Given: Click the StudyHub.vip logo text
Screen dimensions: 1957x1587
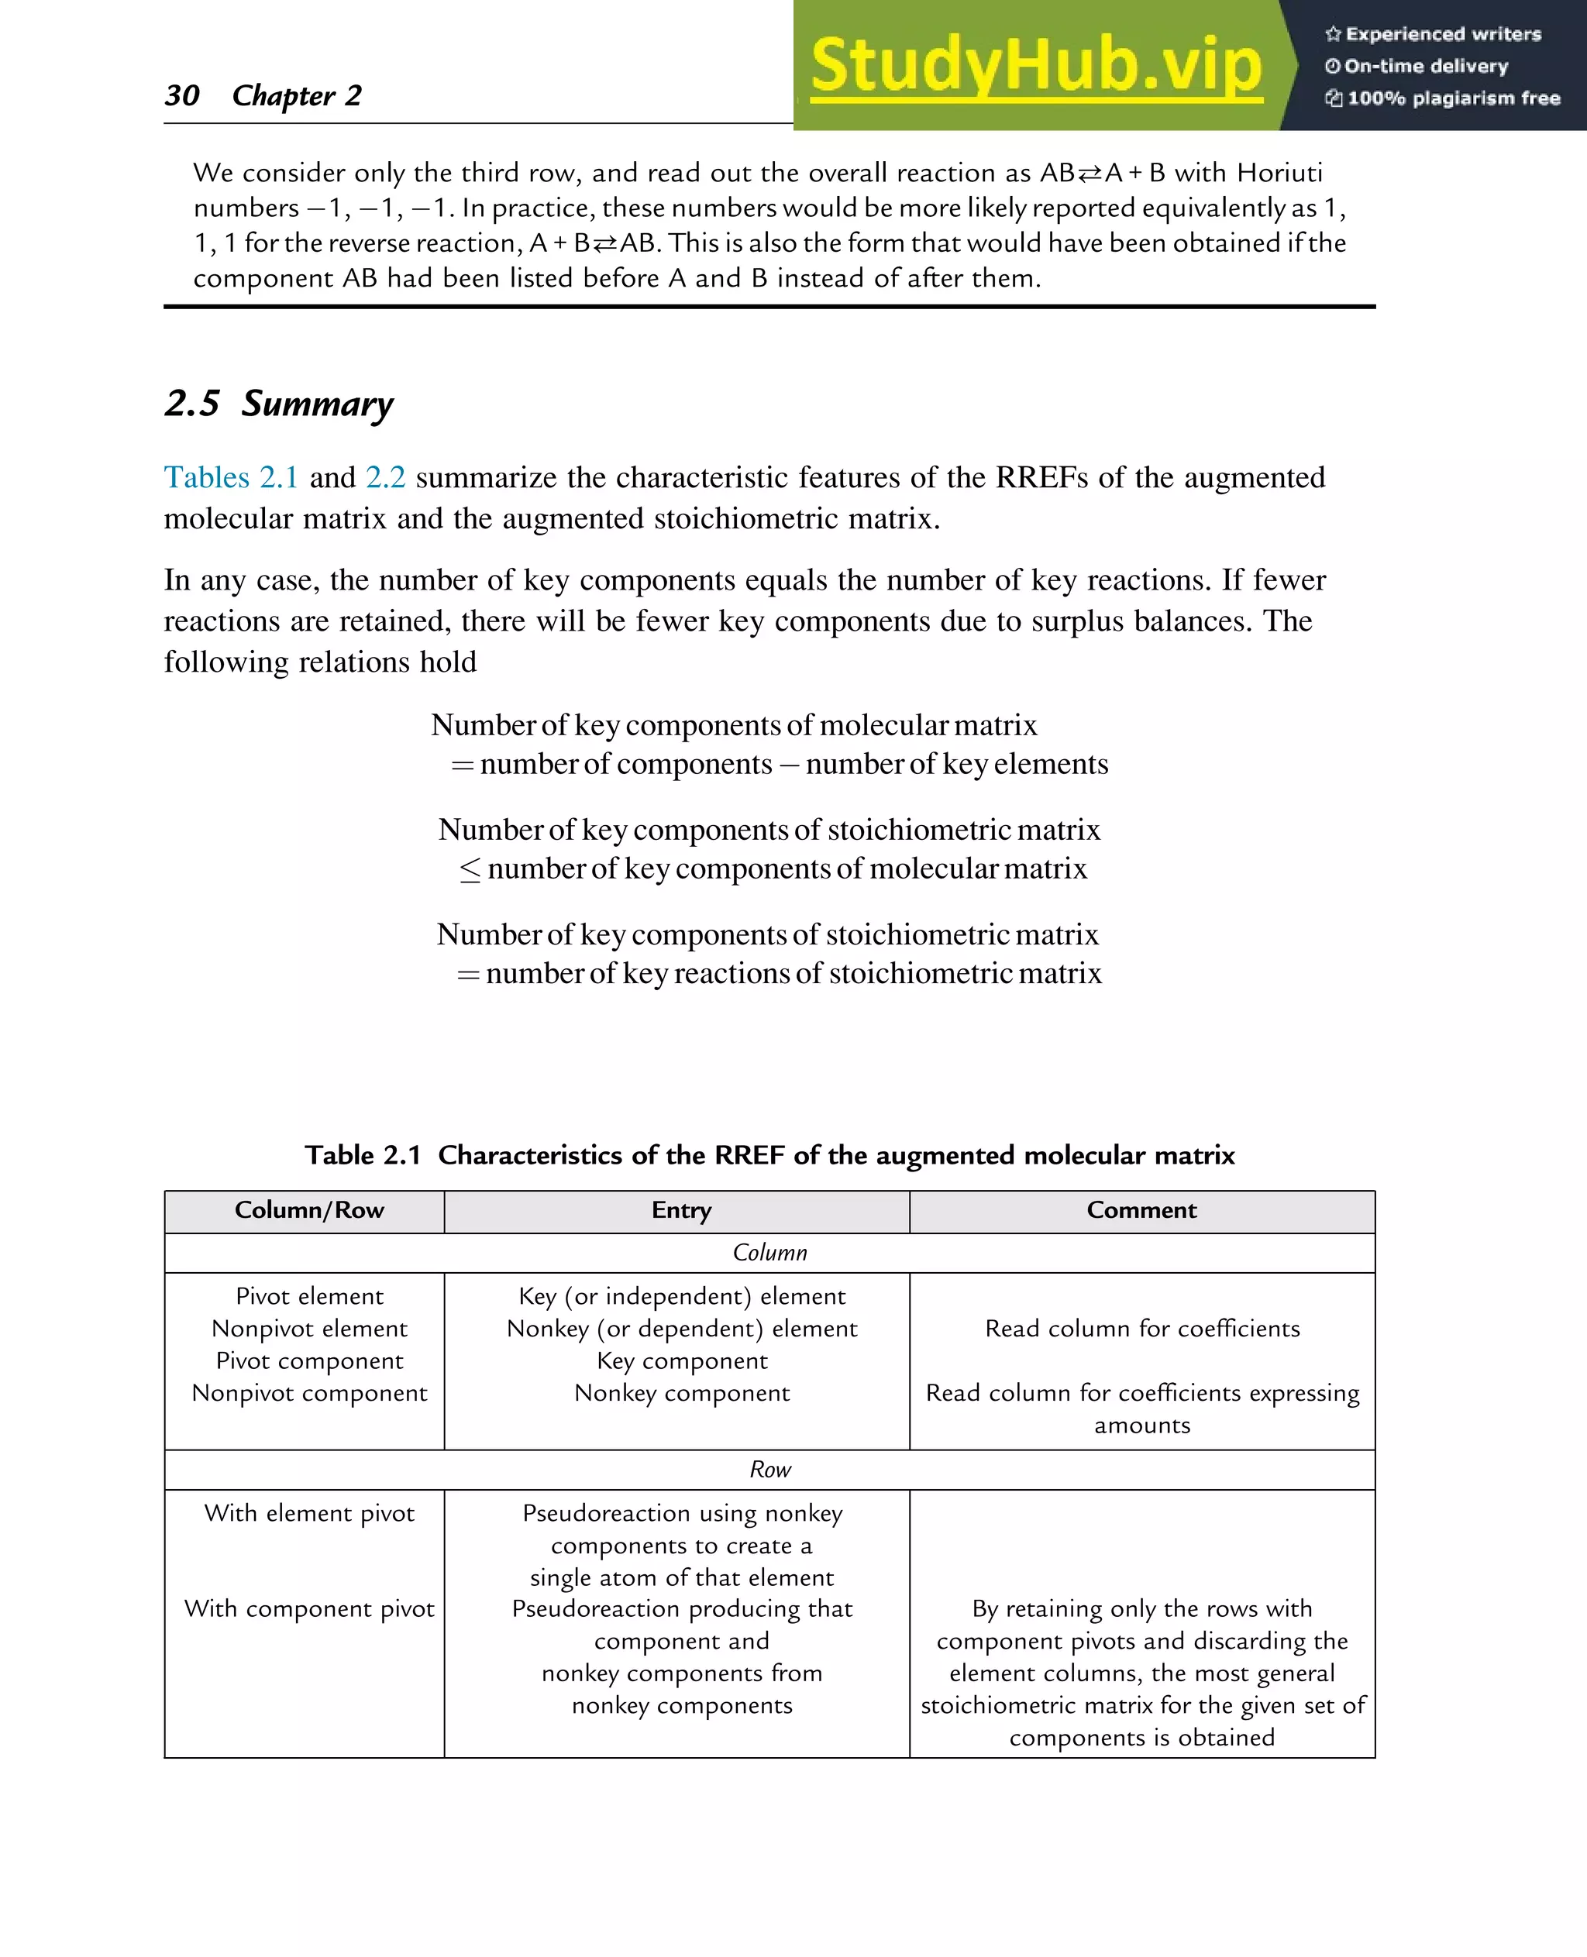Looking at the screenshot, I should coord(1036,66).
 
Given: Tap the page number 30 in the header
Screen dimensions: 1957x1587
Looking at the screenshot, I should coord(182,95).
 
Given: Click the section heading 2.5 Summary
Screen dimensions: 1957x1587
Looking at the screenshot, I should coord(279,403).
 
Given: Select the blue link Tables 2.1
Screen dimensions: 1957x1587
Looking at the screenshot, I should coord(230,477).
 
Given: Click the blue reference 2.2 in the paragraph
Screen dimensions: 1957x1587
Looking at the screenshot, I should coord(385,477).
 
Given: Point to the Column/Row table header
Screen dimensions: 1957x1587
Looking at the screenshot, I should coord(309,1210).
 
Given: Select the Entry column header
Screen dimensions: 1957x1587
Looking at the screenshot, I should coord(681,1210).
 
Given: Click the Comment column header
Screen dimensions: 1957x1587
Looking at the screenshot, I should coord(1141,1210).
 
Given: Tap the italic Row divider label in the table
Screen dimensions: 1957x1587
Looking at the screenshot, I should coord(769,1469).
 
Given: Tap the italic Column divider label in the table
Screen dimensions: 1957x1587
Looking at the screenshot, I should coord(769,1252).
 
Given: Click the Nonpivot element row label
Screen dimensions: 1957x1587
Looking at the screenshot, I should coord(309,1328).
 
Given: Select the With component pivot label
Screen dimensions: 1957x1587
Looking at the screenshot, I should coord(309,1608).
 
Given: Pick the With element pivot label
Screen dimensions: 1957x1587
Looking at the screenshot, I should coord(309,1513).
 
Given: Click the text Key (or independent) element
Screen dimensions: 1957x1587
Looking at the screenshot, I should coord(682,1296).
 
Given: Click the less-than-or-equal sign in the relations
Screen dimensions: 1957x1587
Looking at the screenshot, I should coord(470,869).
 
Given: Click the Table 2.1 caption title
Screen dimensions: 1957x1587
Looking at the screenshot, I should coord(769,1154).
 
